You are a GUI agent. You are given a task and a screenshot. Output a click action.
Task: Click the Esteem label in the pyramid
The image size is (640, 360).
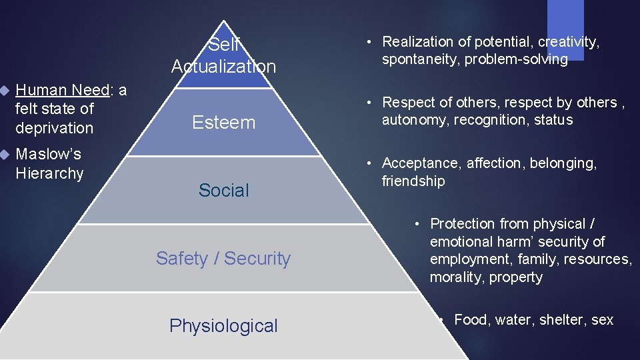coord(223,123)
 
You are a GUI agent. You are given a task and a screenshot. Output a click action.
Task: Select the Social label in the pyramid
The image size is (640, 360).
coord(223,191)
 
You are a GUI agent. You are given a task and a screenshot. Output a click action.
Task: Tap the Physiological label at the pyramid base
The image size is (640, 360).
coord(223,326)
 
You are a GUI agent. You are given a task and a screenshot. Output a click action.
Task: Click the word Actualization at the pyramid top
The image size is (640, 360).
coord(223,67)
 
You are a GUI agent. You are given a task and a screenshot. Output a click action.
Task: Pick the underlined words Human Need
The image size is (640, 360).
coord(63,90)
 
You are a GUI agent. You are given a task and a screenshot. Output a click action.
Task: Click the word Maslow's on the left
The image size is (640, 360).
coord(48,155)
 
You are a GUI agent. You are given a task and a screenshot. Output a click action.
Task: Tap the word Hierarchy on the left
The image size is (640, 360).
coord(49,174)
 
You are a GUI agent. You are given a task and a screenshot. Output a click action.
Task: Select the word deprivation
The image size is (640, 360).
coord(55,127)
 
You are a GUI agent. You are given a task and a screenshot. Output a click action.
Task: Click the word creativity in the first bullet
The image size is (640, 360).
coord(568,42)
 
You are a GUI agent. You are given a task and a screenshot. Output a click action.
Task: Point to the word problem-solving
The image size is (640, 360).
coord(516,60)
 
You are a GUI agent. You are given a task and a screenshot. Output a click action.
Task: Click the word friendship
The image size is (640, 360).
coord(413,181)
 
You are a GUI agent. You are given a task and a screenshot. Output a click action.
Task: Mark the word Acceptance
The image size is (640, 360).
coord(421,163)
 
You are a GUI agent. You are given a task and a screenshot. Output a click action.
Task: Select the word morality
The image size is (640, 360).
coord(457,277)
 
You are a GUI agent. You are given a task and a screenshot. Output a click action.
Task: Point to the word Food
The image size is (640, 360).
coord(471,320)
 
